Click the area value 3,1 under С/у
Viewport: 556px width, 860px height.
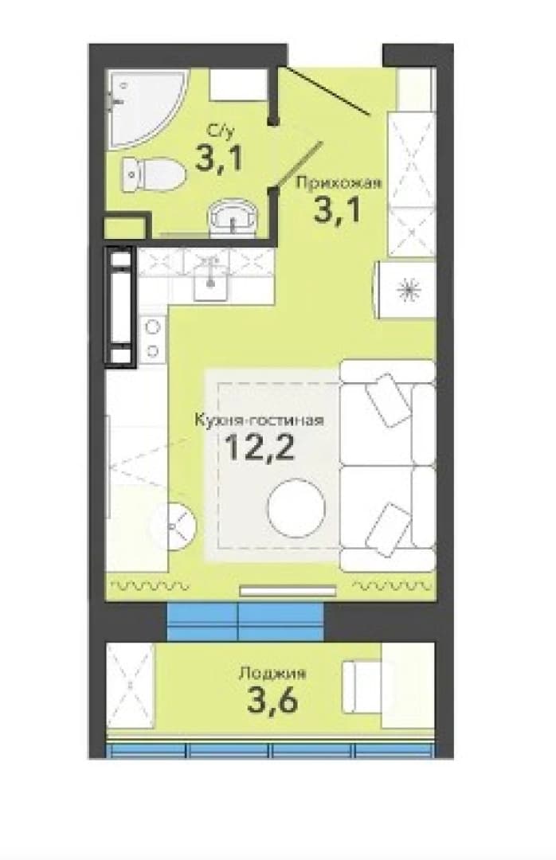pyautogui.click(x=218, y=158)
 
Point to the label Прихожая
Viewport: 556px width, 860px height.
pyautogui.click(x=338, y=183)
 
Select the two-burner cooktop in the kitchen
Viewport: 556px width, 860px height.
pyautogui.click(x=153, y=338)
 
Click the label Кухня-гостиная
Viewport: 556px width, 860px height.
pyautogui.click(x=259, y=420)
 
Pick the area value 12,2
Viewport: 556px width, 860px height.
pyautogui.click(x=260, y=448)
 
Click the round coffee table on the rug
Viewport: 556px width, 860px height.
pyautogui.click(x=296, y=508)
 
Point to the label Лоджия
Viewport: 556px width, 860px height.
pyautogui.click(x=272, y=673)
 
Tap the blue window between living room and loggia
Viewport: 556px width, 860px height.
pyautogui.click(x=245, y=621)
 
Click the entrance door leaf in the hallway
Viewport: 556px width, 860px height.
pyautogui.click(x=324, y=91)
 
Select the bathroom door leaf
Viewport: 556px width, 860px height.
pyautogui.click(x=300, y=164)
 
